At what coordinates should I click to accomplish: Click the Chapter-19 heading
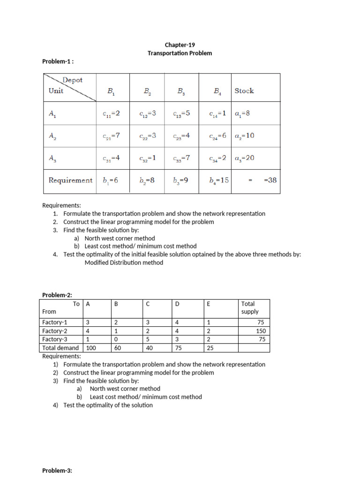point(180,45)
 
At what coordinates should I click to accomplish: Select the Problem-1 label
point(58,61)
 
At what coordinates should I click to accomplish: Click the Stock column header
point(244,91)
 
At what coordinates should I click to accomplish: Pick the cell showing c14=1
point(217,113)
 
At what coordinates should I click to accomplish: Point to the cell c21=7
point(112,135)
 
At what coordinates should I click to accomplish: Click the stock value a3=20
point(244,158)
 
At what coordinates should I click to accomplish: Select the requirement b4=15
point(219,180)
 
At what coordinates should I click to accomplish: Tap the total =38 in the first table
point(270,180)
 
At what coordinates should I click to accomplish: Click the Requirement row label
point(70,180)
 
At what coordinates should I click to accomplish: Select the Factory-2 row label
point(55,331)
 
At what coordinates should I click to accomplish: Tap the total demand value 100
point(91,348)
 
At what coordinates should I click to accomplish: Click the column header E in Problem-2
point(209,304)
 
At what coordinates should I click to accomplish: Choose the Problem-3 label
point(57,470)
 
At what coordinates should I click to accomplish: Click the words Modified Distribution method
point(124,262)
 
